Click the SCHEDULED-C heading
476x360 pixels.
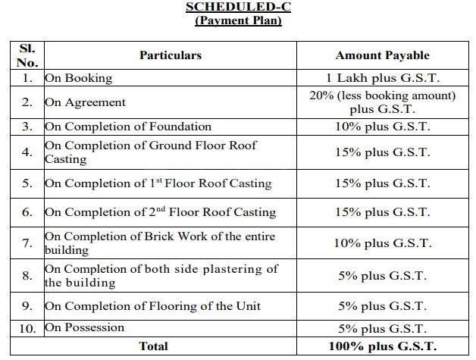pos(238,7)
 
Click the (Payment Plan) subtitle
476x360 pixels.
pos(238,20)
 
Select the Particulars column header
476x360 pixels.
pos(171,55)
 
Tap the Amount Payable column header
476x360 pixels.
pos(382,55)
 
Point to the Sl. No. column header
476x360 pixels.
pos(27,55)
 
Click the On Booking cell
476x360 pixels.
pos(79,78)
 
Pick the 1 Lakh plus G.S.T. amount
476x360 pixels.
pos(382,78)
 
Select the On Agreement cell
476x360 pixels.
pos(86,102)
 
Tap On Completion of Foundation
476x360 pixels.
pos(128,127)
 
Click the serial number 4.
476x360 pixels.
pos(27,152)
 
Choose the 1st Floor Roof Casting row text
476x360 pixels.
pos(158,183)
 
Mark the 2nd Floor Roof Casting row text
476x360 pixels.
pos(160,212)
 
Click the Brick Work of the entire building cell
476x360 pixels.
pos(160,243)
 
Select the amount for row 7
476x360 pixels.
pos(382,243)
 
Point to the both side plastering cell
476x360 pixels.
pos(161,276)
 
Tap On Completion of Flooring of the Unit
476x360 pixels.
pos(152,306)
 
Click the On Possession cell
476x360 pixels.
pos(84,328)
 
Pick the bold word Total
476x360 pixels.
pos(154,346)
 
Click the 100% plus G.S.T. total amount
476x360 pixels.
pos(382,346)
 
